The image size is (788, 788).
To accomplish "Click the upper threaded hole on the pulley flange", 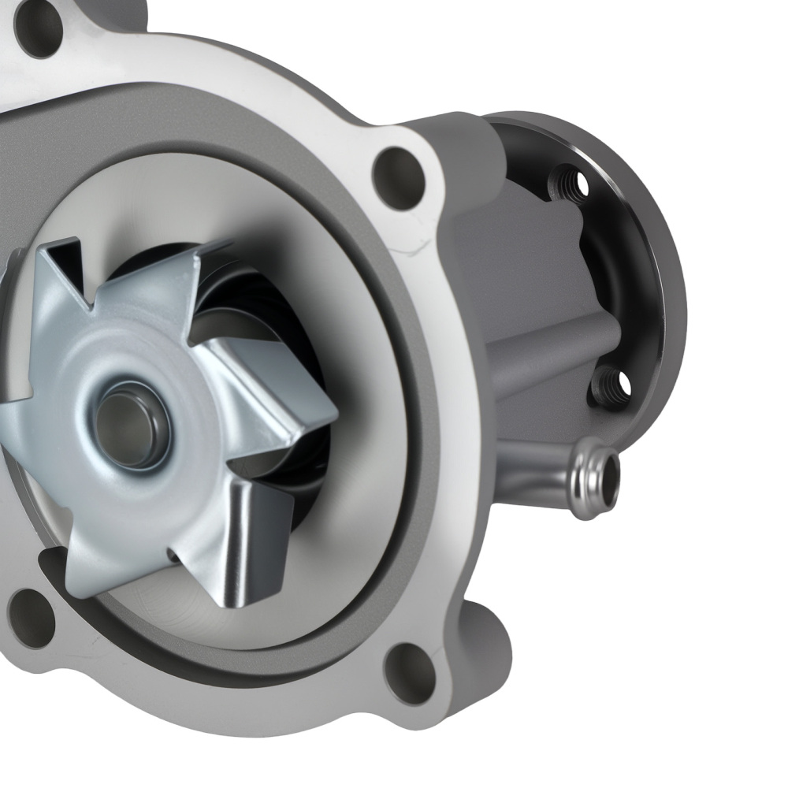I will tap(570, 184).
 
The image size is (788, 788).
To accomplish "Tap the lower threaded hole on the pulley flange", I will tap(611, 387).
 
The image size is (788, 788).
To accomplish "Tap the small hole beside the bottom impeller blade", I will tap(172, 556).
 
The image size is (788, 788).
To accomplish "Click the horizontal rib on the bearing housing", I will tap(544, 339).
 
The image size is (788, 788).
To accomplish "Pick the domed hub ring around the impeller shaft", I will tap(130, 394).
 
